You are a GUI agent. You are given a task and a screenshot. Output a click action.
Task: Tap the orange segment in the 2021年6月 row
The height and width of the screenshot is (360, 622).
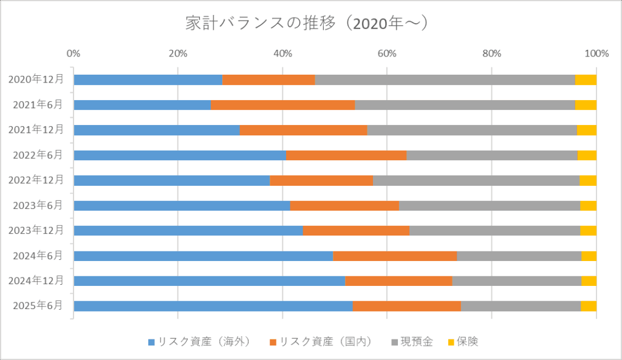[282, 105]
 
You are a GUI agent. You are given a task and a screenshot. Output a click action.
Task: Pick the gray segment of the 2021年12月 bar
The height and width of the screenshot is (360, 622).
[471, 130]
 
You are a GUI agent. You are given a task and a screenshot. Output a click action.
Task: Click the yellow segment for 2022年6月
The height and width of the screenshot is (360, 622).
[587, 155]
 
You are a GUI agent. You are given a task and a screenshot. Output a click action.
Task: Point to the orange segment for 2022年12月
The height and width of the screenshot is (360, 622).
[321, 180]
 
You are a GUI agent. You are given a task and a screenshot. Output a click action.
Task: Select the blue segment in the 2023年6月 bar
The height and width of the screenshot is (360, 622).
[182, 205]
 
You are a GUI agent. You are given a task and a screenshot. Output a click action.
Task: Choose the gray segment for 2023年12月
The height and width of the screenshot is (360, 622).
[494, 230]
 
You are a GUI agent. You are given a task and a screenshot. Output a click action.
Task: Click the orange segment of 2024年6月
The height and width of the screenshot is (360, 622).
[395, 256]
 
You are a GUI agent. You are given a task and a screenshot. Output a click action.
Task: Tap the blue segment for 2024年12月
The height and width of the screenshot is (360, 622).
[209, 280]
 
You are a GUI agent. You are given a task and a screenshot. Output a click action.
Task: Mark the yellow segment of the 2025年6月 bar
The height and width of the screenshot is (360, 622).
[589, 305]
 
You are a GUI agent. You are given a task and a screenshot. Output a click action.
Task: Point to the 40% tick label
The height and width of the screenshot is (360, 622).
[282, 53]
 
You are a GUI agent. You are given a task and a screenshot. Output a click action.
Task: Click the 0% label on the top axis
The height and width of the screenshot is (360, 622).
[73, 53]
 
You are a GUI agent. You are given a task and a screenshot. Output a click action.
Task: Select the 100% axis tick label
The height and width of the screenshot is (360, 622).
[596, 53]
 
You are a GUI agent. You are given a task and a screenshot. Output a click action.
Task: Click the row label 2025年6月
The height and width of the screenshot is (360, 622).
[38, 305]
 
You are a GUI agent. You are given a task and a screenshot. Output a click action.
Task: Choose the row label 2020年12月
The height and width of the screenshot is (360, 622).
[36, 80]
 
